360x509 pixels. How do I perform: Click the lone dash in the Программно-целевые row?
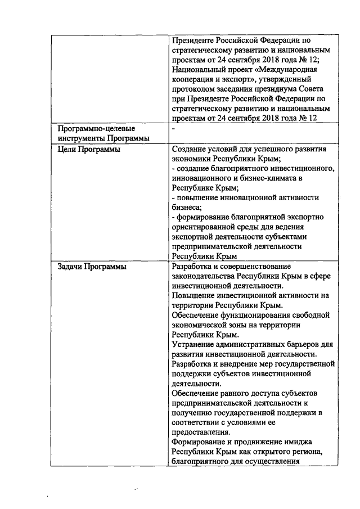point(173,129)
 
